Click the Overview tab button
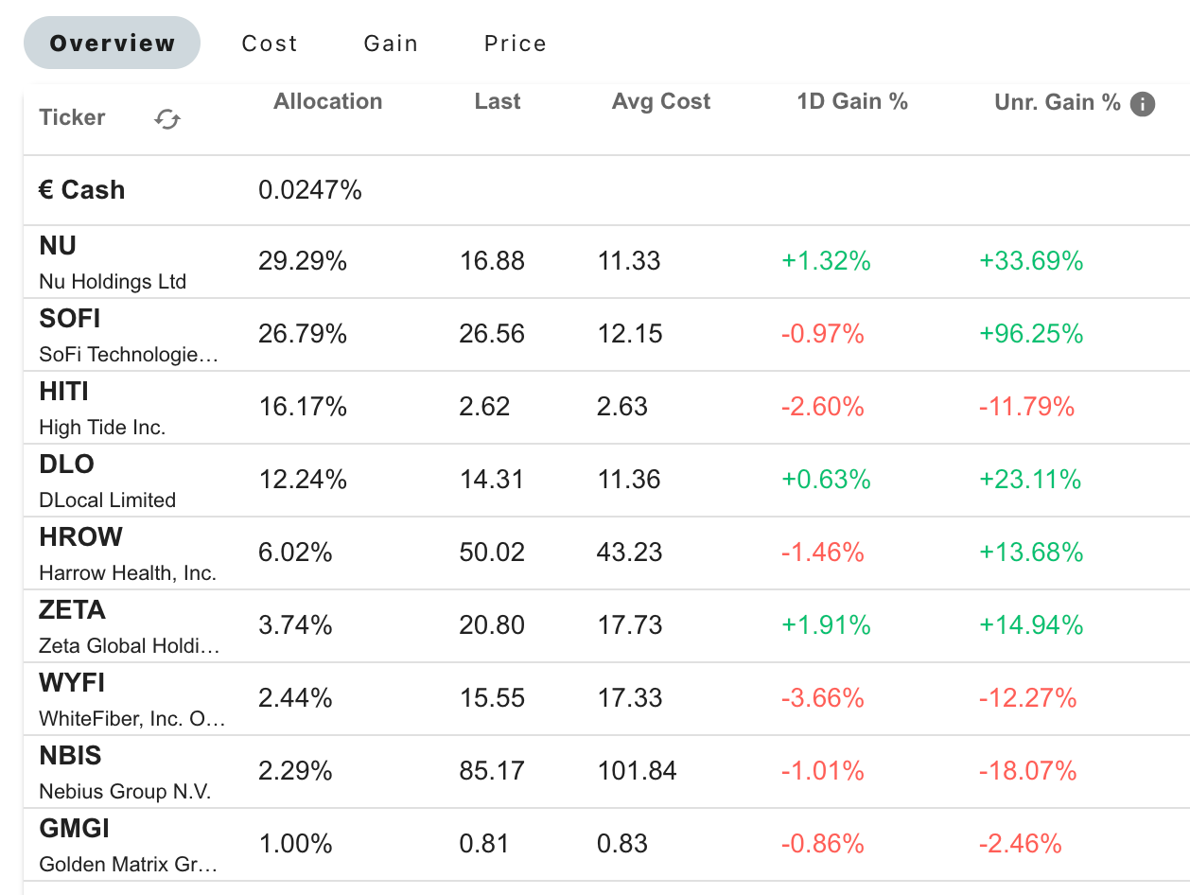click(112, 44)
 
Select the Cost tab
click(270, 44)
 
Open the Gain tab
click(391, 44)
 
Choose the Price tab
click(515, 44)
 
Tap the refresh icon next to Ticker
click(167, 119)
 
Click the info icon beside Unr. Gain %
click(1143, 104)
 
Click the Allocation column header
click(327, 102)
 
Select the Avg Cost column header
click(660, 102)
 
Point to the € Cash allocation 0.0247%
click(309, 190)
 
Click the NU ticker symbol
click(58, 246)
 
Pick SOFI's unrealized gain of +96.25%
click(1031, 334)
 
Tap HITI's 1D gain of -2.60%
click(822, 407)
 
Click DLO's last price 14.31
click(492, 480)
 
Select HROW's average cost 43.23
click(630, 553)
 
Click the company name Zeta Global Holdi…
click(129, 646)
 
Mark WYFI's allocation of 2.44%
click(295, 698)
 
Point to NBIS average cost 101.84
click(637, 771)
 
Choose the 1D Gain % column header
click(851, 102)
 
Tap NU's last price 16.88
click(492, 261)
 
